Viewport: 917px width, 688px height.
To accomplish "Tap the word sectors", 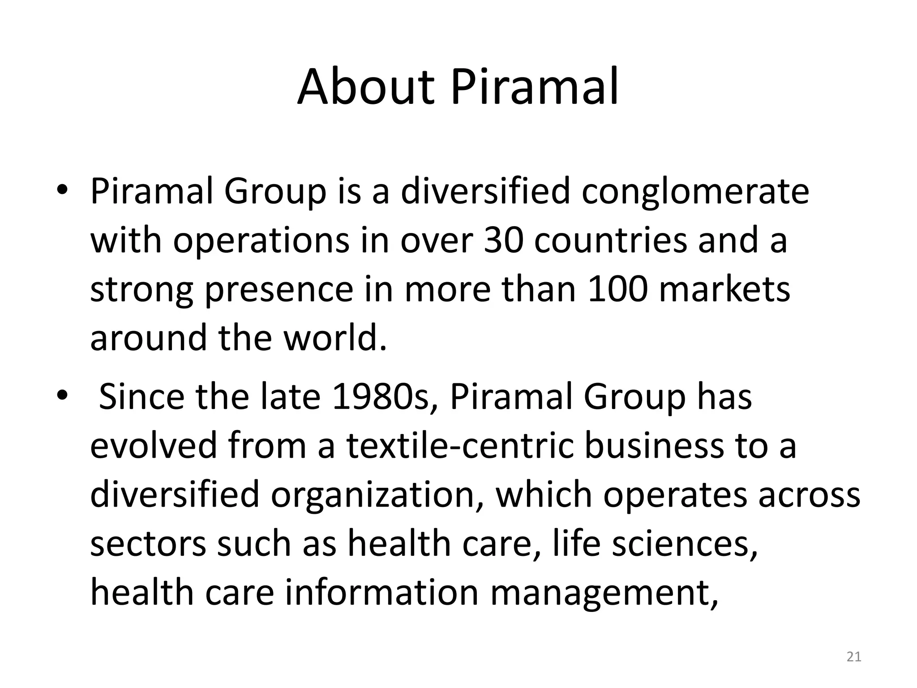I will click(x=148, y=543).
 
